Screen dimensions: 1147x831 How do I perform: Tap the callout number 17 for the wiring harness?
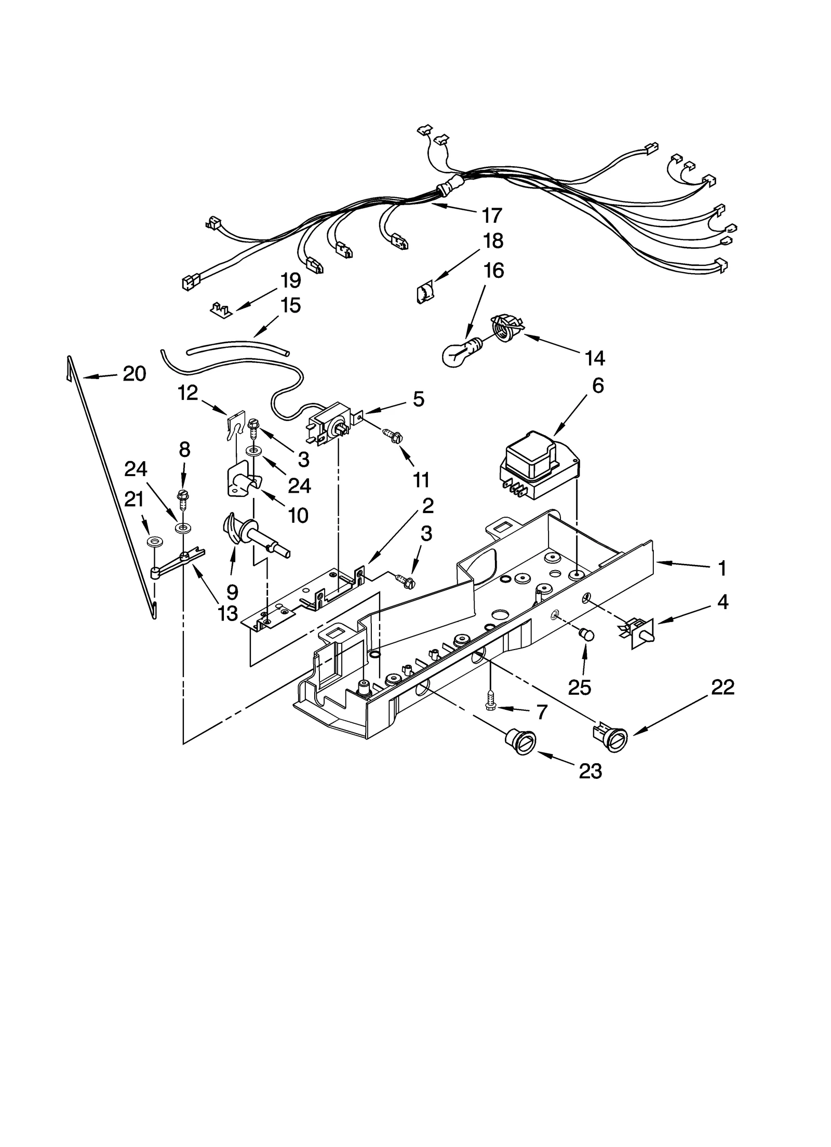tap(491, 215)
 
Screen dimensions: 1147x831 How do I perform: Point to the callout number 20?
tap(134, 373)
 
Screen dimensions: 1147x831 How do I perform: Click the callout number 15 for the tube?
tap(290, 305)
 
